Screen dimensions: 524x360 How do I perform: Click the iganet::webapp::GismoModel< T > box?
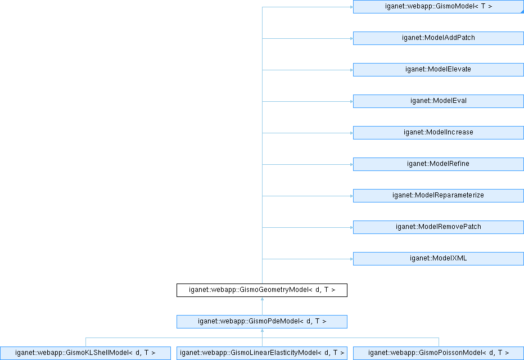439,7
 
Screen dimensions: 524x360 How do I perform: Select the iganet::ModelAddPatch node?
439,38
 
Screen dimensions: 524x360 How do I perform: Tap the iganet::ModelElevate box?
439,70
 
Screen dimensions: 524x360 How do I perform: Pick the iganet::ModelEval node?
439,101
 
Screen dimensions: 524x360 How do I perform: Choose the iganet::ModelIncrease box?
439,133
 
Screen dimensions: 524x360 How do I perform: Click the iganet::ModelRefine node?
439,164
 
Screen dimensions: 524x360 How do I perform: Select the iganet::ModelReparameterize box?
439,196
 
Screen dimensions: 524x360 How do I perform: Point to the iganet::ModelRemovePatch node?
439,227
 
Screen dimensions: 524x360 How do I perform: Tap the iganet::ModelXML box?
439,259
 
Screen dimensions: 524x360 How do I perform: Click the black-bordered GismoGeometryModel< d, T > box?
262,290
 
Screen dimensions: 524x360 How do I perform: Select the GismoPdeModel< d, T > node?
262,322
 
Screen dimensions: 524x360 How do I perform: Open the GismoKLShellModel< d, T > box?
85,353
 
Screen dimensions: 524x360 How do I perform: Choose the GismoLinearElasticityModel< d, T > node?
262,353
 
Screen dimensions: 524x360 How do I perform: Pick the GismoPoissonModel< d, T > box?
439,353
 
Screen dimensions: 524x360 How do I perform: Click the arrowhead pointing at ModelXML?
351,259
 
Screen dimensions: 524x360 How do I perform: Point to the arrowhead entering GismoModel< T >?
351,7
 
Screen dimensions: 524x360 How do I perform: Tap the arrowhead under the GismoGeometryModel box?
263,299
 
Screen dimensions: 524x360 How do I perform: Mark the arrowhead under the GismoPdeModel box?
263,330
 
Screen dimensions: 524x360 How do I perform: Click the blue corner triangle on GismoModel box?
522,12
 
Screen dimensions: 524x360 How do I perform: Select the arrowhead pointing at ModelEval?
351,102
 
